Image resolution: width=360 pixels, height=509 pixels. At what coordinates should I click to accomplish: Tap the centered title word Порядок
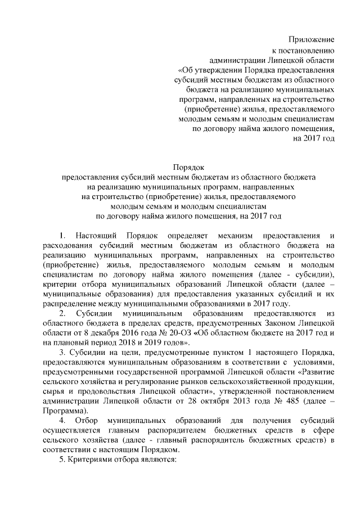(188, 166)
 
